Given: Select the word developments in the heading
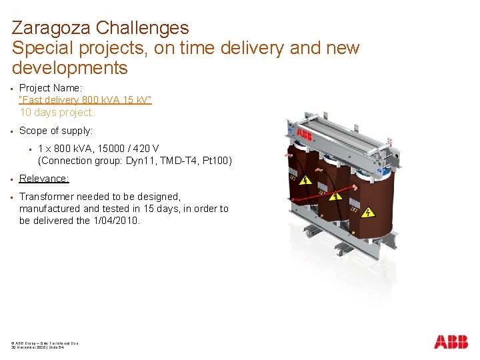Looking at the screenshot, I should click(x=69, y=68).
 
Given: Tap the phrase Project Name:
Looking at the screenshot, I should click(x=50, y=88).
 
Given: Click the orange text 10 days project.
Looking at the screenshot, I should click(x=57, y=112).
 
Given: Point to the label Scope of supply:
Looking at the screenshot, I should click(x=56, y=131).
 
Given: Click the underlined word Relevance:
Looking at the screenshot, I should click(x=44, y=179).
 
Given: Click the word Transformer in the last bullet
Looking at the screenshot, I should click(x=46, y=197).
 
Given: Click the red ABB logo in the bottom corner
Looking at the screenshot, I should click(x=451, y=342).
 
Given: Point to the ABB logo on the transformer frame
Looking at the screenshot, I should click(x=304, y=135).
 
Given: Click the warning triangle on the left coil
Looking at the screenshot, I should click(x=305, y=180).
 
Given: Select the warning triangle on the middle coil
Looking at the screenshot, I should click(x=334, y=198).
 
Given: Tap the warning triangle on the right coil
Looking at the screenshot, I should click(x=367, y=213).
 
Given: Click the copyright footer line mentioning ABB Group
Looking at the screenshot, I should click(x=45, y=343).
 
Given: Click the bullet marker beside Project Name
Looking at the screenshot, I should click(x=13, y=88).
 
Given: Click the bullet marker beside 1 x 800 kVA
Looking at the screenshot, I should click(x=32, y=149).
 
